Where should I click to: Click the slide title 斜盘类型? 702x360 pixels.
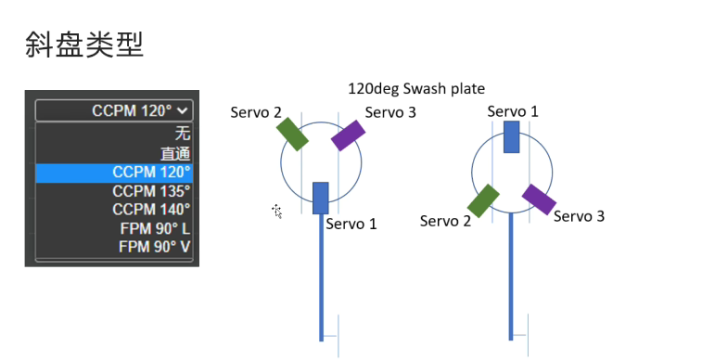(x=84, y=45)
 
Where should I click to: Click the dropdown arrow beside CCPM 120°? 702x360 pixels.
(x=182, y=110)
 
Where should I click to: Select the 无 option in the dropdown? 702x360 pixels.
(x=182, y=134)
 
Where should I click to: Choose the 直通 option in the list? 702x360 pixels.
(x=175, y=154)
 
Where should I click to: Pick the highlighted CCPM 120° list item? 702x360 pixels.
(x=114, y=173)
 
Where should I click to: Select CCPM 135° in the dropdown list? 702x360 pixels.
(x=151, y=191)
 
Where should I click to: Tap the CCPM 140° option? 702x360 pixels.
(x=151, y=210)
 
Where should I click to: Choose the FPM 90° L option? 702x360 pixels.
(x=155, y=229)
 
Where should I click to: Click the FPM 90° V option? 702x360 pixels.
(x=155, y=247)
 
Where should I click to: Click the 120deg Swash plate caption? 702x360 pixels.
(x=416, y=89)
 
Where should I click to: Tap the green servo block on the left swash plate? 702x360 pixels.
(x=292, y=135)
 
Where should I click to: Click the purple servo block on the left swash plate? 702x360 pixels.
(x=349, y=135)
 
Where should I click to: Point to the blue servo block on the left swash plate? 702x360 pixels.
(x=321, y=198)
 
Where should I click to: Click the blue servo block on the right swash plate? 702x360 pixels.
(x=512, y=136)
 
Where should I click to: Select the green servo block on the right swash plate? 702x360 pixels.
(x=483, y=201)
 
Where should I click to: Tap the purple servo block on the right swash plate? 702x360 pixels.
(x=539, y=199)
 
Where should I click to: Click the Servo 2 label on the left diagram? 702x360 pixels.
(x=256, y=112)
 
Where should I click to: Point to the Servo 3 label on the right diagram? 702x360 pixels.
(x=580, y=217)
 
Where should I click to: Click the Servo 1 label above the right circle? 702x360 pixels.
(x=513, y=111)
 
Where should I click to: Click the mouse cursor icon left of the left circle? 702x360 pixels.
(x=276, y=211)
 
